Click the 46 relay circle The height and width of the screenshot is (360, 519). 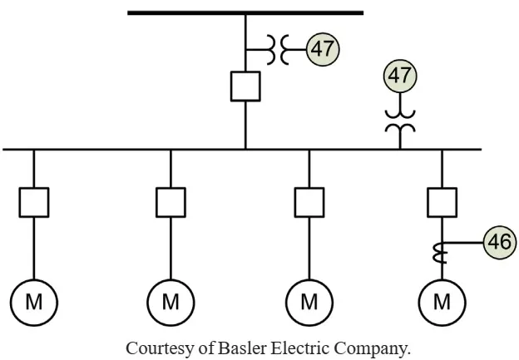coord(500,242)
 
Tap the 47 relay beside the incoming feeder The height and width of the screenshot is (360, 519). coord(323,49)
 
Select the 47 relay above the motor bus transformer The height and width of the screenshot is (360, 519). coord(400,76)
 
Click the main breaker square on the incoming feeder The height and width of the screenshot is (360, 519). coord(245,86)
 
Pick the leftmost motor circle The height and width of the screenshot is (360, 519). coord(34,303)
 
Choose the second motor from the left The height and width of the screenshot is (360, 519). coord(171,303)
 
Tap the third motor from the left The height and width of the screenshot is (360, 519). coord(309,303)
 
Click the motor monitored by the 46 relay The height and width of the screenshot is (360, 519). coord(442,303)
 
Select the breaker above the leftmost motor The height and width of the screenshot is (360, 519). coord(34,203)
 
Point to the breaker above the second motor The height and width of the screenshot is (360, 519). coord(171,203)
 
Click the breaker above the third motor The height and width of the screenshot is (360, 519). coord(309,203)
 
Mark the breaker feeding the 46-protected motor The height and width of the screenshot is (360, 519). coord(442,203)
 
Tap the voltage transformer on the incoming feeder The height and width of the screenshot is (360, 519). coord(277,49)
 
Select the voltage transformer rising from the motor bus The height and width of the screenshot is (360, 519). coord(400,121)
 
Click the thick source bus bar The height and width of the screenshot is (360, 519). coord(245,13)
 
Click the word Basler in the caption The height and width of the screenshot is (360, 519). coord(242,348)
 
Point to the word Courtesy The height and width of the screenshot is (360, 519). coord(159,348)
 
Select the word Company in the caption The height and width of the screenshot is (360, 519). coord(372,349)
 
